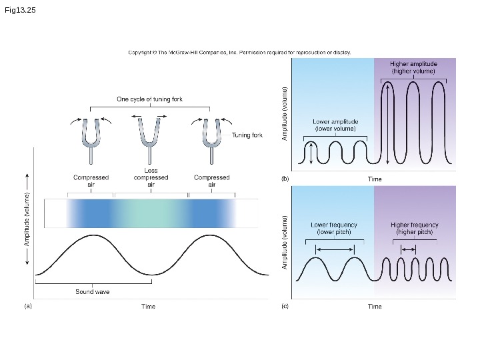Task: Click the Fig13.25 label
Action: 20,11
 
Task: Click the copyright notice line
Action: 239,52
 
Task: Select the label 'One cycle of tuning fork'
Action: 149,99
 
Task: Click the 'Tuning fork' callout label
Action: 247,135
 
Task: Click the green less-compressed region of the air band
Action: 151,213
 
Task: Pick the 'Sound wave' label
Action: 93,292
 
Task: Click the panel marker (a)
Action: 28,307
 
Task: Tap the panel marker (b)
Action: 285,179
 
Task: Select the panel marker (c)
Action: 285,307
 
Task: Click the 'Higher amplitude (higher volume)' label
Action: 413,67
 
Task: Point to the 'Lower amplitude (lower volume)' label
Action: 335,125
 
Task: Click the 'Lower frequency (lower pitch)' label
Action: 334,229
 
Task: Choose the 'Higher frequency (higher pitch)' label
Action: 414,229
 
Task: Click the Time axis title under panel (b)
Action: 375,179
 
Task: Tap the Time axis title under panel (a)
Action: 148,307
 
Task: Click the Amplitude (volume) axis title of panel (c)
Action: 285,242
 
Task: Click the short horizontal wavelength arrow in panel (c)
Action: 408,249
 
